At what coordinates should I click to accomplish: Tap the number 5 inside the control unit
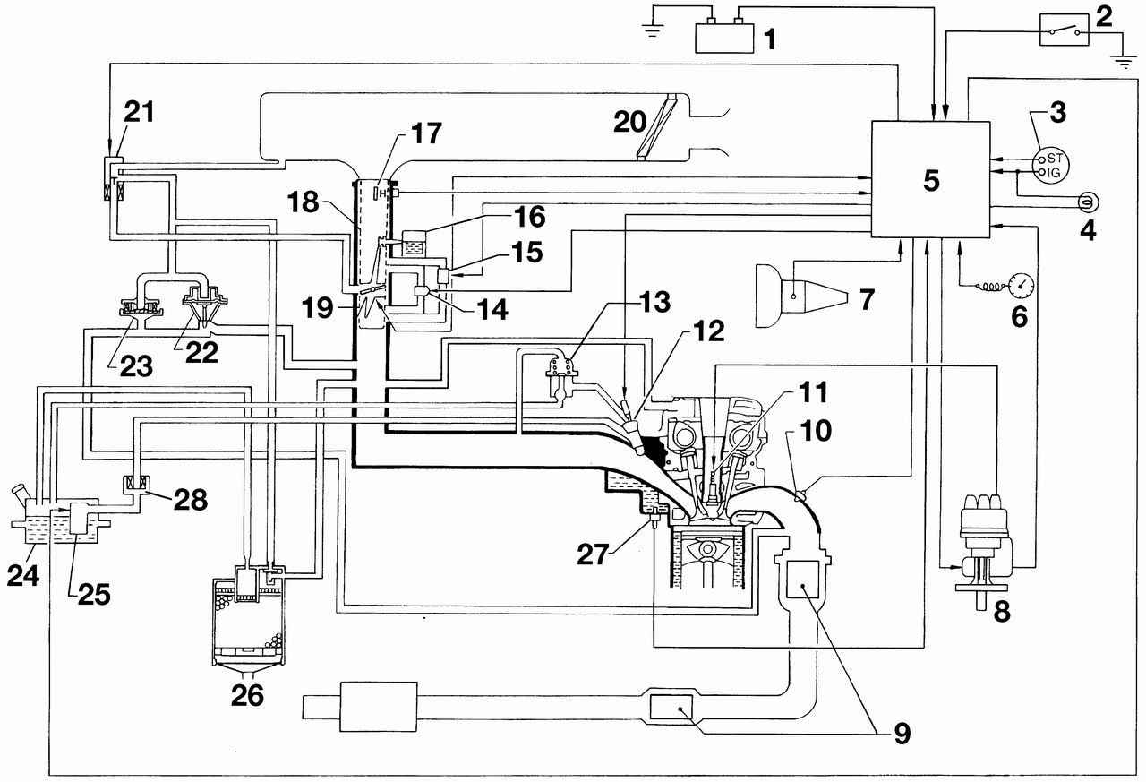[x=931, y=180]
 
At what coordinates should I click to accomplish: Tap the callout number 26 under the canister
[x=248, y=695]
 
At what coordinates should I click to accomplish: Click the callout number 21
[x=140, y=114]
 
